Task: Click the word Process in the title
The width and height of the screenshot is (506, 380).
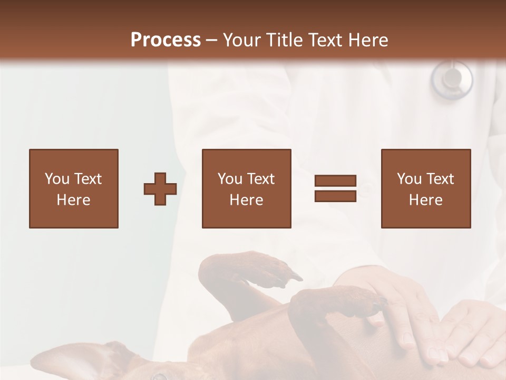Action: click(x=166, y=40)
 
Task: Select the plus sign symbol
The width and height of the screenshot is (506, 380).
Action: click(x=160, y=189)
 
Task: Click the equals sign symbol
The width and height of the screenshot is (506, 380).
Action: click(x=335, y=188)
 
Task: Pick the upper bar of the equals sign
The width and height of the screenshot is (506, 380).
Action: click(x=335, y=181)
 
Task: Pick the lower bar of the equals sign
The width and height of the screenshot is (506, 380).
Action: click(x=335, y=196)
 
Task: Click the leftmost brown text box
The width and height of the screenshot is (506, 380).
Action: click(x=74, y=188)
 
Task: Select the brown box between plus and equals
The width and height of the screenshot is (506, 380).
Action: click(x=247, y=188)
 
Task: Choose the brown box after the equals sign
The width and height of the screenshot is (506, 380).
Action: click(x=426, y=188)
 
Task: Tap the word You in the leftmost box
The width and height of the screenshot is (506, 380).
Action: click(x=57, y=179)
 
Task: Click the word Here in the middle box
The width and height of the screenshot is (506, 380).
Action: click(x=247, y=200)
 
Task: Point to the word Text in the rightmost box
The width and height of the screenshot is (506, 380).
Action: click(x=440, y=179)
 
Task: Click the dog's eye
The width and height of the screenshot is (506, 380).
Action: click(x=159, y=376)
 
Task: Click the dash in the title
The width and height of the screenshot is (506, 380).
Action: click(x=212, y=40)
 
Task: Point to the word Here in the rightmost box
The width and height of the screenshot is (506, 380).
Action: click(x=426, y=200)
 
